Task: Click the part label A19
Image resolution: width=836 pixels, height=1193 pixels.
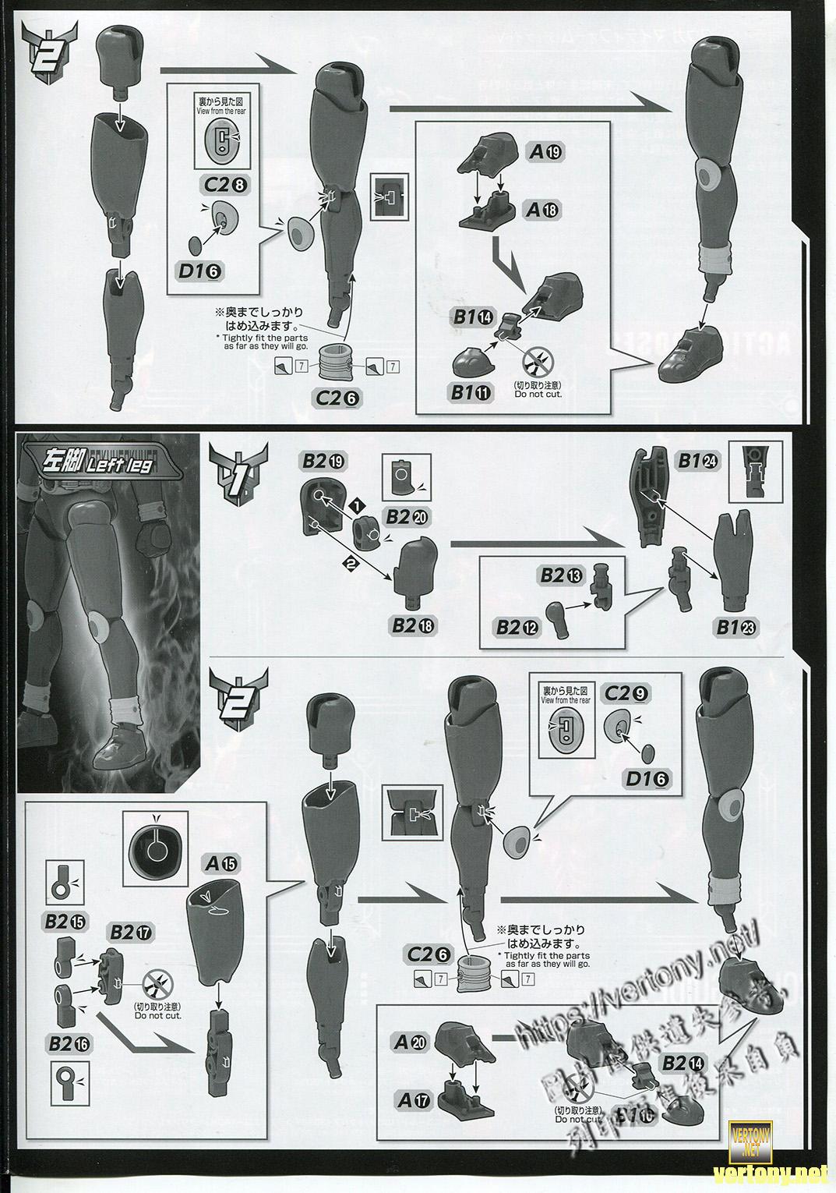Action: click(x=545, y=153)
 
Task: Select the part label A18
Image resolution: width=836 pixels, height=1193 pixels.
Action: click(x=545, y=209)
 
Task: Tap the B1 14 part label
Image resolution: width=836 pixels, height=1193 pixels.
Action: click(x=473, y=317)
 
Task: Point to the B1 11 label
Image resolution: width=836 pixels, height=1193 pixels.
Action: click(x=472, y=393)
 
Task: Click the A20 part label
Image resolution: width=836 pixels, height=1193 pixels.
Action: click(x=411, y=1041)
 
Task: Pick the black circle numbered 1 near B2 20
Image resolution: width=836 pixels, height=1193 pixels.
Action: click(x=358, y=506)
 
